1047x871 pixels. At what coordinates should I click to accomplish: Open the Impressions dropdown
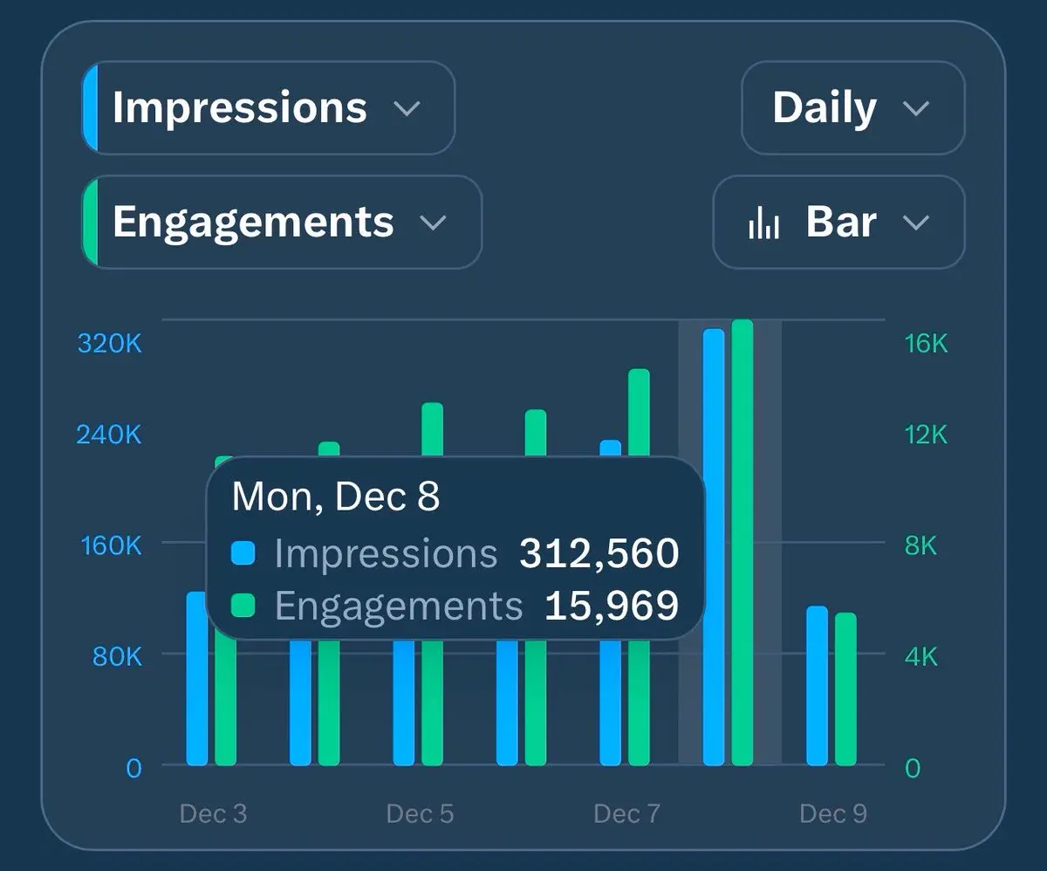pyautogui.click(x=267, y=108)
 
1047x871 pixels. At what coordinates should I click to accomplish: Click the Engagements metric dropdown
pyautogui.click(x=280, y=222)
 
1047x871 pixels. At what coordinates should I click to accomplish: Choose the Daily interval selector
pyautogui.click(x=852, y=108)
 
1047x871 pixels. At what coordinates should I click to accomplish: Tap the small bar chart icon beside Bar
pyautogui.click(x=763, y=223)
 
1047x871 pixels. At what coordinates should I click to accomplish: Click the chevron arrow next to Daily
pyautogui.click(x=915, y=109)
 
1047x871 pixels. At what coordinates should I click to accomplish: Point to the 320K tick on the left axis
pyautogui.click(x=109, y=343)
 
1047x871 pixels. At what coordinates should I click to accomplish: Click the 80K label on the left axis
pyautogui.click(x=117, y=656)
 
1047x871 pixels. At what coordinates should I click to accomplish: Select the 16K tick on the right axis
pyautogui.click(x=926, y=343)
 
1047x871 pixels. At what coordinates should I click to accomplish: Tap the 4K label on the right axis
pyautogui.click(x=921, y=656)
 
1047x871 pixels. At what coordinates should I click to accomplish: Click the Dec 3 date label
pyautogui.click(x=213, y=814)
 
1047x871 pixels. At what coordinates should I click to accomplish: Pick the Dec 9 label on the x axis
pyautogui.click(x=833, y=814)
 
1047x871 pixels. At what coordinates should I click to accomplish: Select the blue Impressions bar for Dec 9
pyautogui.click(x=817, y=686)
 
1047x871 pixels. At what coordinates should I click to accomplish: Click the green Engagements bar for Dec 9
pyautogui.click(x=845, y=689)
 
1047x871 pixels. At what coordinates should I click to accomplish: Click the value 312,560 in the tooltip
pyautogui.click(x=599, y=553)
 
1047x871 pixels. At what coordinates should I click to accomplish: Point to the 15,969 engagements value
pyautogui.click(x=611, y=606)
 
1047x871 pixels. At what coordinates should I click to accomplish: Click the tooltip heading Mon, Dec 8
pyautogui.click(x=336, y=497)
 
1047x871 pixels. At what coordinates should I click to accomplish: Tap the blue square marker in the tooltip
pyautogui.click(x=243, y=553)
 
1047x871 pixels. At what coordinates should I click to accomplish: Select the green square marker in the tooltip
pyautogui.click(x=243, y=606)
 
